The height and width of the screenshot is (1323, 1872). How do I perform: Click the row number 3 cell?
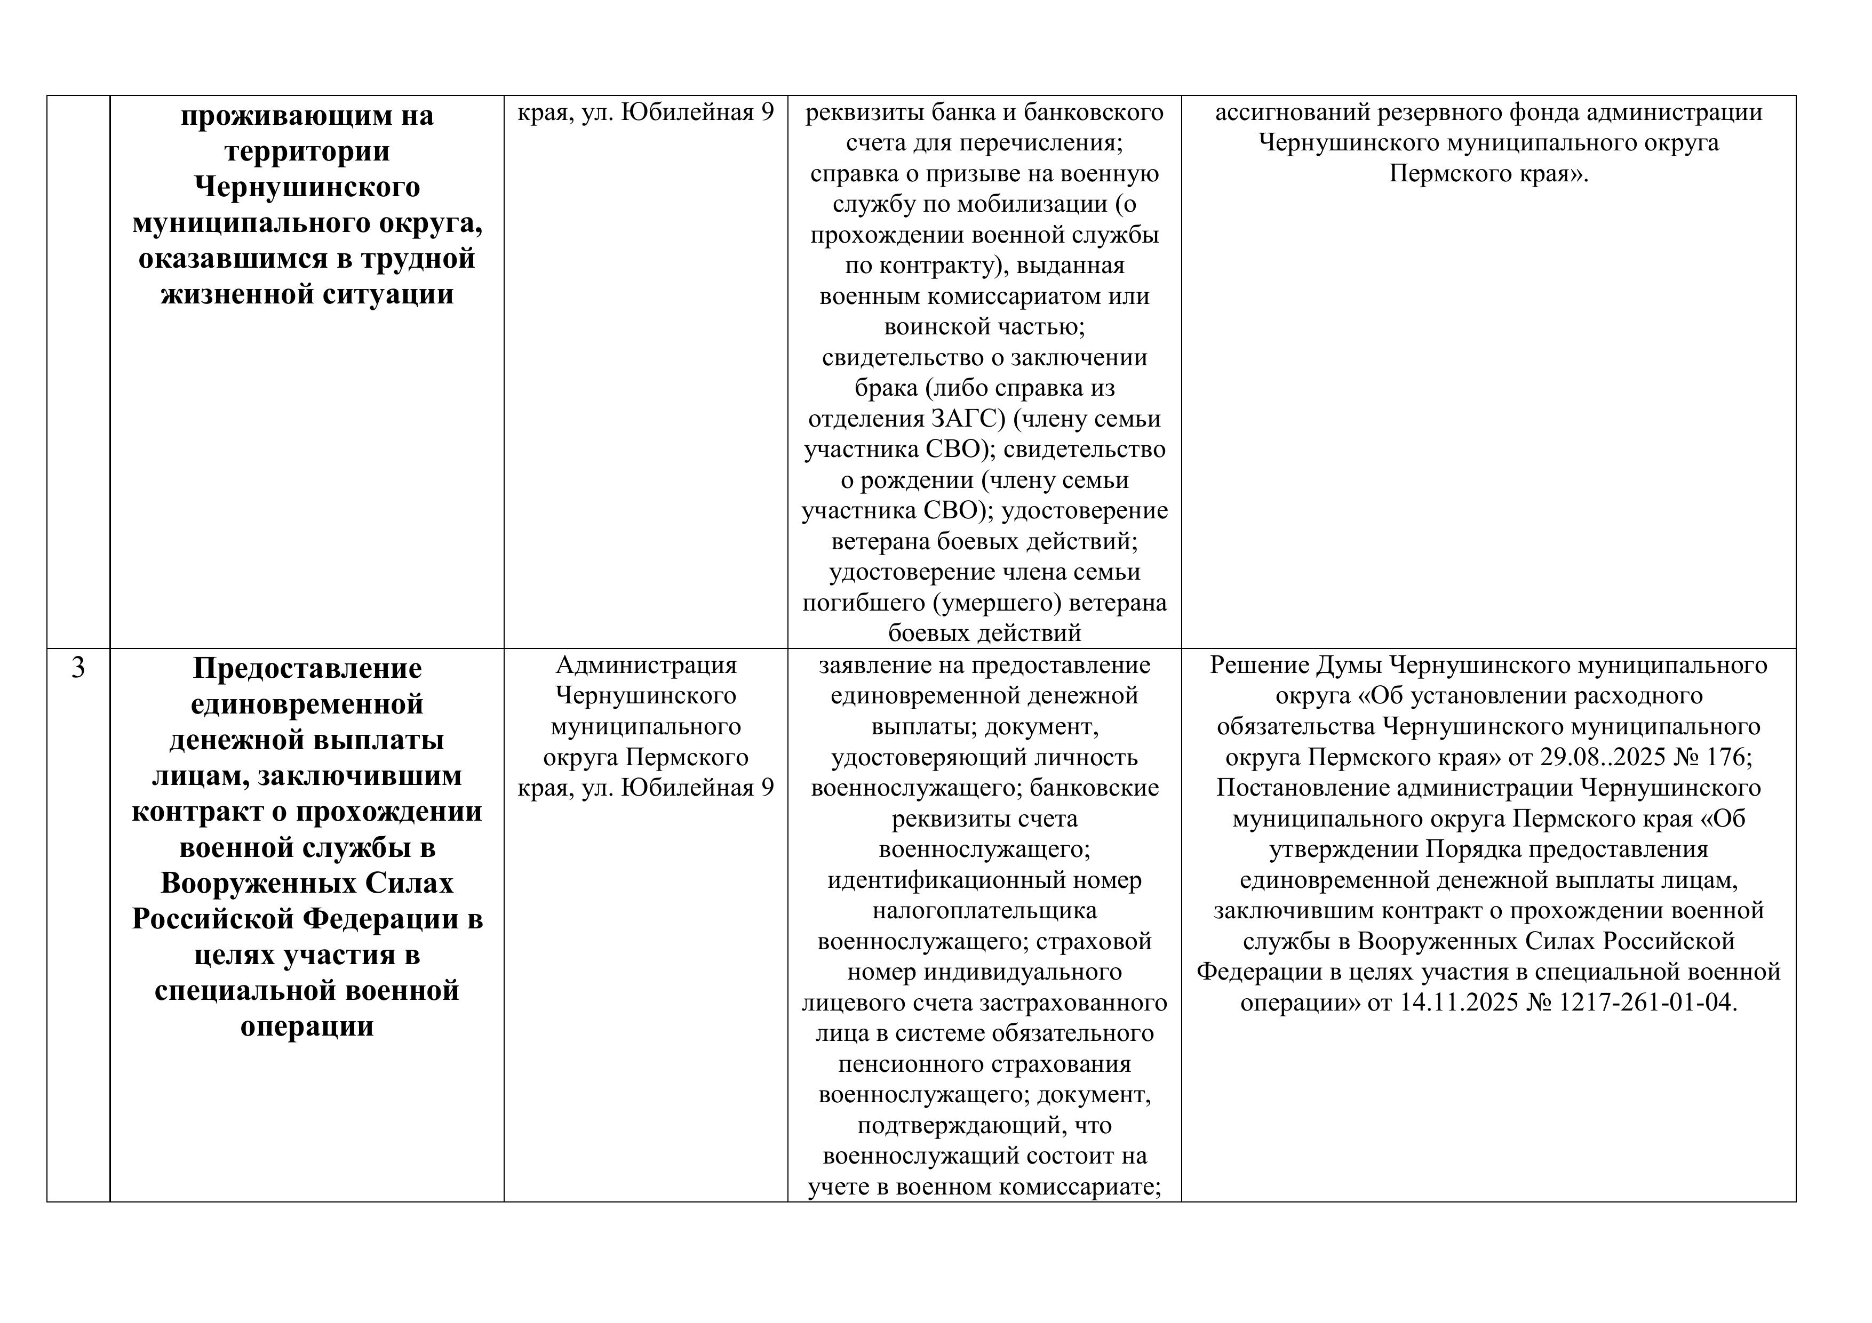[x=78, y=668]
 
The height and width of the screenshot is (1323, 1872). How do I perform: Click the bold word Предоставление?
[x=307, y=669]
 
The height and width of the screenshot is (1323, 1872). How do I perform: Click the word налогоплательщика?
[x=984, y=911]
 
